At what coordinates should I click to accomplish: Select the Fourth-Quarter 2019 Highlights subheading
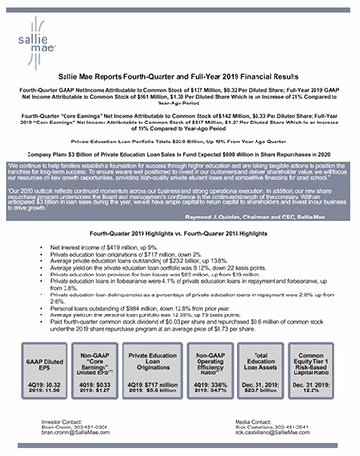pyautogui.click(x=180, y=232)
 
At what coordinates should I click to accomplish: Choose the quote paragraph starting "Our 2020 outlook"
pyautogui.click(x=180, y=197)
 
